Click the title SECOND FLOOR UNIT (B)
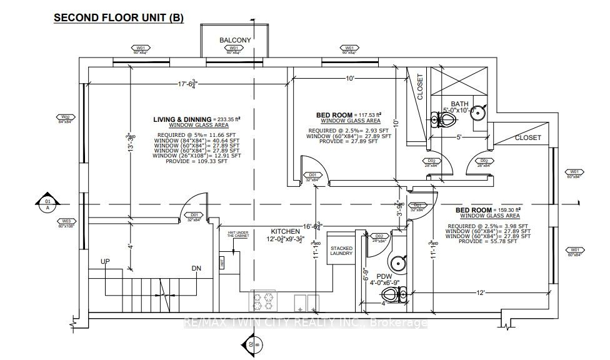point(119,18)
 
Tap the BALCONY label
point(235,40)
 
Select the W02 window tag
point(65,119)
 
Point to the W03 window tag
point(65,222)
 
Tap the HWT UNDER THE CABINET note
point(234,236)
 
